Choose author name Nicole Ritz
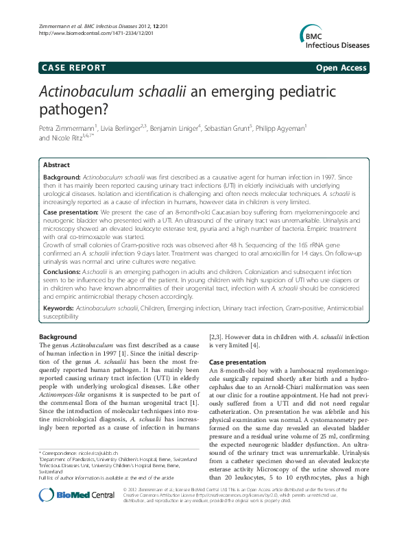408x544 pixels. [64, 138]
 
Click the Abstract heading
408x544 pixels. [56, 165]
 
